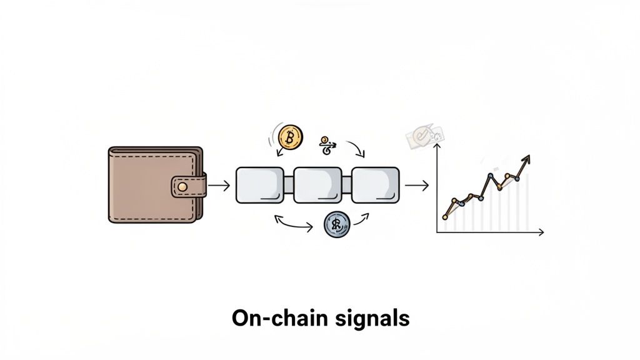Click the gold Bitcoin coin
coord(290,136)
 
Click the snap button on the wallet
coord(182,186)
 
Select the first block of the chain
coord(259,185)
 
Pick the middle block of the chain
coord(317,185)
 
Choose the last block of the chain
coord(374,185)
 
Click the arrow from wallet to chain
coord(219,186)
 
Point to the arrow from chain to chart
coord(416,186)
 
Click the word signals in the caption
coord(370,318)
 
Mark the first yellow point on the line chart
coord(446,217)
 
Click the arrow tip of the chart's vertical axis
coord(437,146)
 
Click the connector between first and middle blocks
coord(288,186)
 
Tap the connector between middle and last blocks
coord(346,186)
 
